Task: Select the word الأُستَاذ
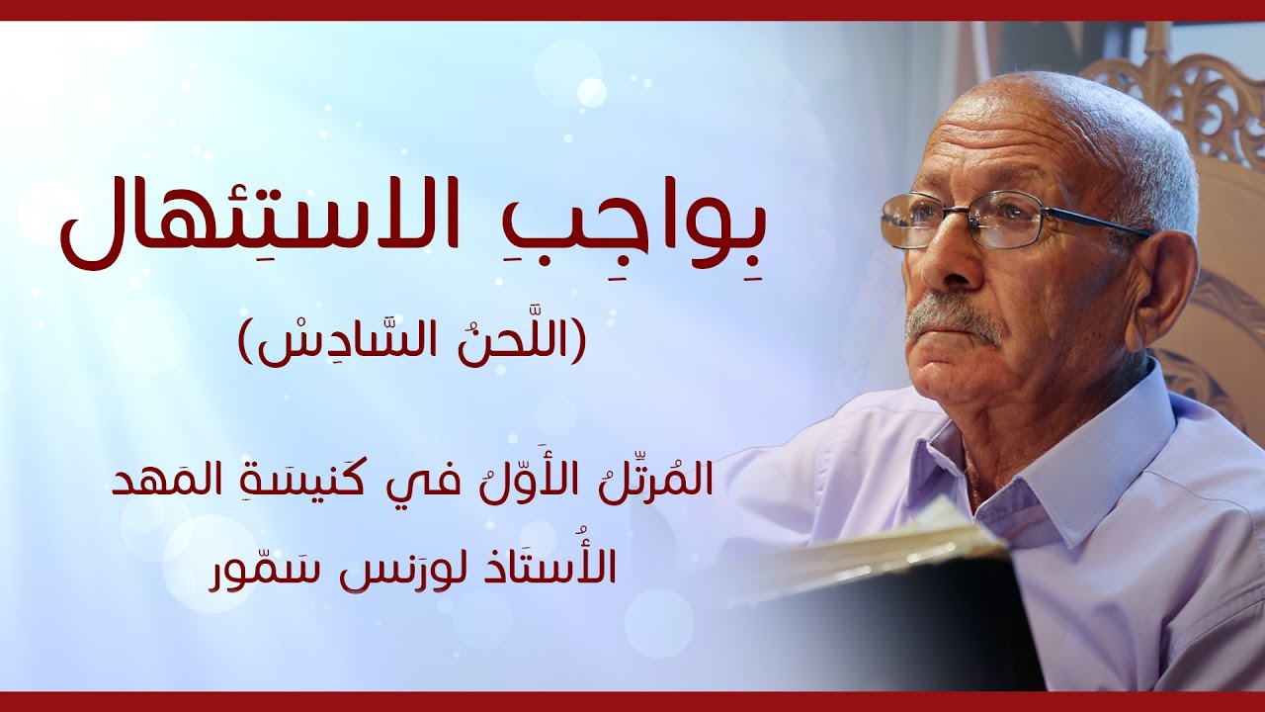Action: point(563,567)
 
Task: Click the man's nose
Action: point(924,267)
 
